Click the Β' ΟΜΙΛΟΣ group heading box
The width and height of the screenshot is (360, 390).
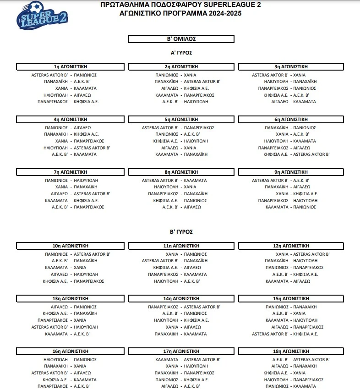coord(181,39)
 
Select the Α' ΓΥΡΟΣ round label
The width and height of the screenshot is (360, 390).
coord(181,53)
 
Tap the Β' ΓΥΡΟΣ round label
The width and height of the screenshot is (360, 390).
coord(181,231)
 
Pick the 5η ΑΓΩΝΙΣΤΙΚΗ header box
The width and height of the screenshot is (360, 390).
coord(181,119)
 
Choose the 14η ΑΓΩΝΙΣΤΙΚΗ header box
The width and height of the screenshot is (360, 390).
coord(181,298)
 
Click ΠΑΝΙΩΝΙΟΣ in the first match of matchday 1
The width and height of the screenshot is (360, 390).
coord(85,75)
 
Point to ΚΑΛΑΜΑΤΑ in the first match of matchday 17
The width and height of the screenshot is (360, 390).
coord(167,360)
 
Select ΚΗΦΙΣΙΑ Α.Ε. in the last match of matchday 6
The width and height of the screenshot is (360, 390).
coord(276,154)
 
